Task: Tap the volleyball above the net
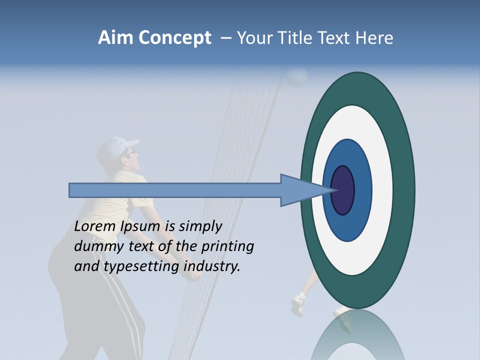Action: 297,76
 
